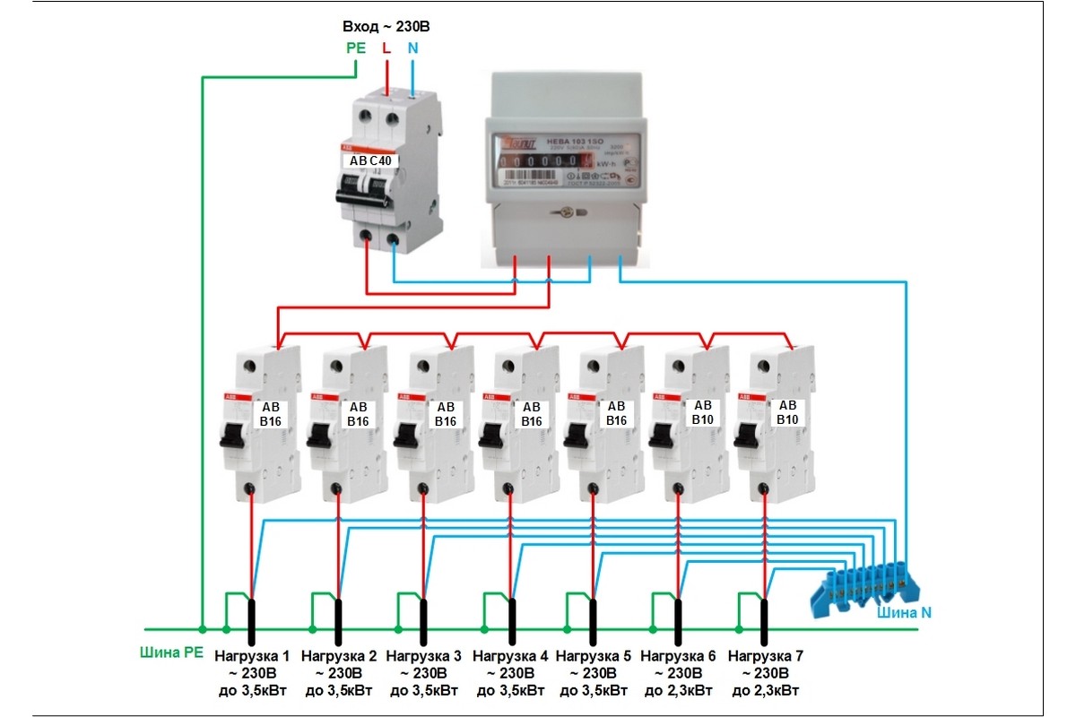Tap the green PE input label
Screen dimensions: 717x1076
tap(356, 48)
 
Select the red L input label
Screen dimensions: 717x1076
tap(386, 48)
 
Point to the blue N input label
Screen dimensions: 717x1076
tap(412, 48)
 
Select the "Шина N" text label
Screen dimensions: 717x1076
tap(907, 614)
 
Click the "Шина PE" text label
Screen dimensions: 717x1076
tap(169, 652)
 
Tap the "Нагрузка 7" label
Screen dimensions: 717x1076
tap(766, 656)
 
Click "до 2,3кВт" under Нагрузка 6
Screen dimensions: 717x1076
tap(678, 691)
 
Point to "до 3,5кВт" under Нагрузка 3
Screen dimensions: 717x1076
tap(423, 691)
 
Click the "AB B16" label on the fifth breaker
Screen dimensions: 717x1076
tap(616, 413)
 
